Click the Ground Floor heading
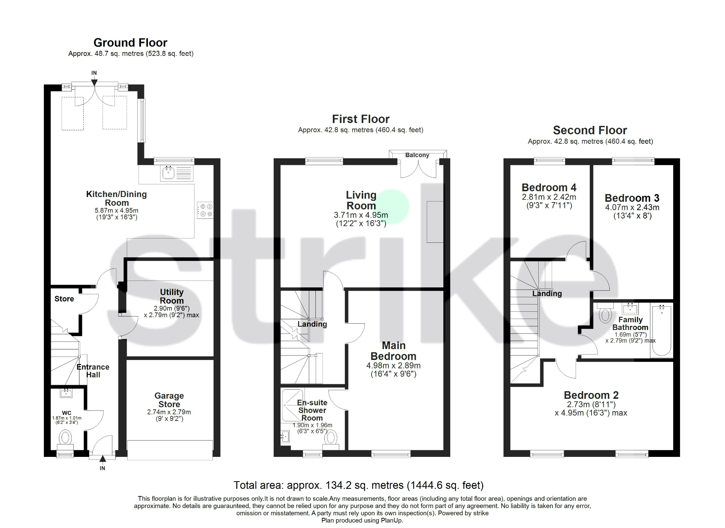(x=130, y=43)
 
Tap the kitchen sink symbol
(x=168, y=173)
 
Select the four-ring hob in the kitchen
(x=205, y=210)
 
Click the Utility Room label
(x=172, y=296)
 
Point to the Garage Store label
(x=169, y=400)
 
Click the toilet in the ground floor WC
(x=65, y=438)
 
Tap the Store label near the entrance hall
(x=64, y=299)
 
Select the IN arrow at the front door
(x=103, y=459)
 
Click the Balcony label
(x=417, y=155)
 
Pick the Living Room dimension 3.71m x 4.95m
(x=361, y=215)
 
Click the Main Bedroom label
(x=393, y=351)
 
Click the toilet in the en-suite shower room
(x=331, y=438)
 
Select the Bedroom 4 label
(x=549, y=188)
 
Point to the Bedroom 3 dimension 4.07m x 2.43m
(x=632, y=207)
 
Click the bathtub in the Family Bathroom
(x=662, y=330)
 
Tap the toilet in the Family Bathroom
(x=605, y=315)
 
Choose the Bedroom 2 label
(x=591, y=395)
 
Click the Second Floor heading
(x=590, y=130)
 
